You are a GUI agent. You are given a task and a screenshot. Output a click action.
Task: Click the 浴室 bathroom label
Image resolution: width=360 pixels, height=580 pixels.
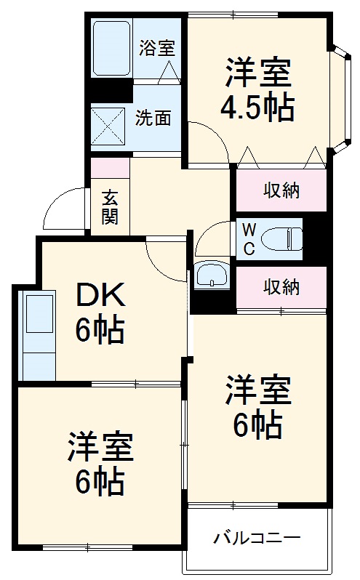tap(157, 49)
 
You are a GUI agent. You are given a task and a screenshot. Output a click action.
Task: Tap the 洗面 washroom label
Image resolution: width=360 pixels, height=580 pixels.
tap(153, 118)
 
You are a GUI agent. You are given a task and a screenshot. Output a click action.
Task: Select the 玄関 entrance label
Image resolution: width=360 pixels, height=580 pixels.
tap(110, 207)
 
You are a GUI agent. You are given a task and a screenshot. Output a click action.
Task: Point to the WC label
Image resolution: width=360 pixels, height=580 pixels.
tap(249, 239)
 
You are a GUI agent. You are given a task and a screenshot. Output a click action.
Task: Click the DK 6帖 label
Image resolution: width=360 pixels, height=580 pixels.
tap(101, 313)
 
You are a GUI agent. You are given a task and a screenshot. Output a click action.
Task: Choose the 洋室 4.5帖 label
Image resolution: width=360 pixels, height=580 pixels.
tap(257, 90)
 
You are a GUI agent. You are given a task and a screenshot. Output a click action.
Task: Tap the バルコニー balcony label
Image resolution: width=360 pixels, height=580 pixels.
tap(256, 539)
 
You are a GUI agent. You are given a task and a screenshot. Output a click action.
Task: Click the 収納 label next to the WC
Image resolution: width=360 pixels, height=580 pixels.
tap(281, 288)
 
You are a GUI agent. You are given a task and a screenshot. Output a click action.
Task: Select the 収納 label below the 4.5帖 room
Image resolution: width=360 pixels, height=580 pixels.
tap(281, 190)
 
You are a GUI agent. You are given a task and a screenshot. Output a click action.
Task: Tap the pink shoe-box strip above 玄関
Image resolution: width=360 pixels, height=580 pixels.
tap(110, 166)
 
